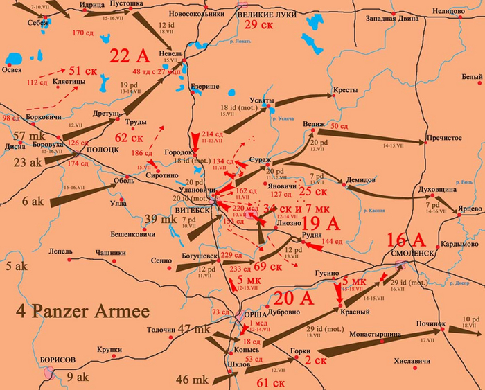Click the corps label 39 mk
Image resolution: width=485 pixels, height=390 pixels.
(159, 220)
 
